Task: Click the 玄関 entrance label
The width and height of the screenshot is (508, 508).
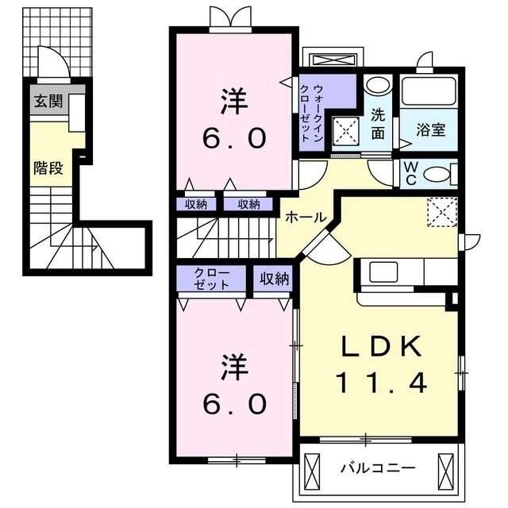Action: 45,101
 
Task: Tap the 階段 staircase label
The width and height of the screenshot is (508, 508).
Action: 48,167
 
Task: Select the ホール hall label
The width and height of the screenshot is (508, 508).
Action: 302,217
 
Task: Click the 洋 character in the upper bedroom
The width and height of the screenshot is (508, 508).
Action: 232,102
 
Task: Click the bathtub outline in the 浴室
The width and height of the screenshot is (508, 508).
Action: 429,91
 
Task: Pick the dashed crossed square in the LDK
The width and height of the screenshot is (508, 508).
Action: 441,211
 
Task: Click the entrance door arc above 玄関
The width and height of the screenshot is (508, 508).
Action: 52,61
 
